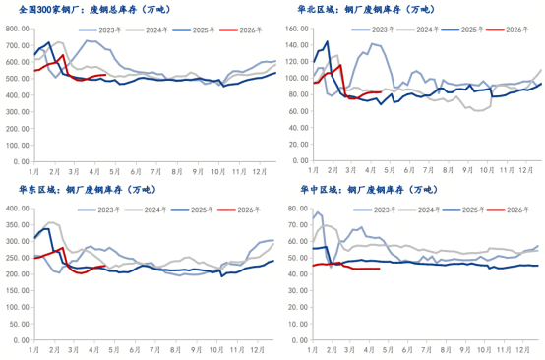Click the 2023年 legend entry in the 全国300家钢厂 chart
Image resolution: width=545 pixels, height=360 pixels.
click(x=107, y=30)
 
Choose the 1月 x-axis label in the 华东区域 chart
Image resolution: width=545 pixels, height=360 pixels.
click(x=35, y=349)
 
